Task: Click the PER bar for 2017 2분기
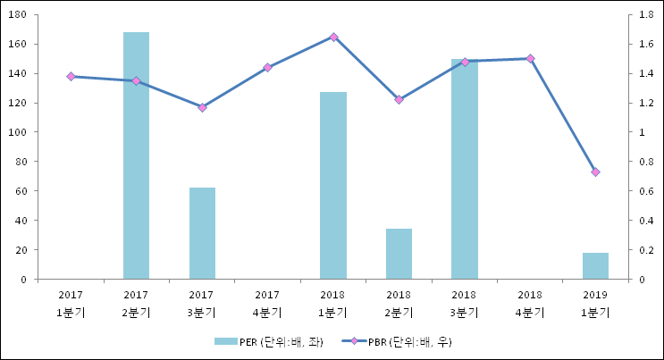(136, 155)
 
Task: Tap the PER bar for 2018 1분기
(333, 185)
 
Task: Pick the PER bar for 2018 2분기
(399, 254)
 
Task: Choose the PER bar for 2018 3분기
(464, 170)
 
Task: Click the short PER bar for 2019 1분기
(595, 266)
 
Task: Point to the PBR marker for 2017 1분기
(71, 77)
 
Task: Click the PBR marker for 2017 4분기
(267, 67)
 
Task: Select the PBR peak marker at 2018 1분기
(333, 37)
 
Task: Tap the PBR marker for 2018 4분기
(530, 58)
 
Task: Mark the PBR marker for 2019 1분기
(595, 172)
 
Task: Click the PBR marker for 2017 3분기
(202, 107)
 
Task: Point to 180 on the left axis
(19, 15)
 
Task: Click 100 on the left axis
(19, 132)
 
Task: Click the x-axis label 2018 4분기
(530, 304)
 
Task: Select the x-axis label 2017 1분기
(71, 304)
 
